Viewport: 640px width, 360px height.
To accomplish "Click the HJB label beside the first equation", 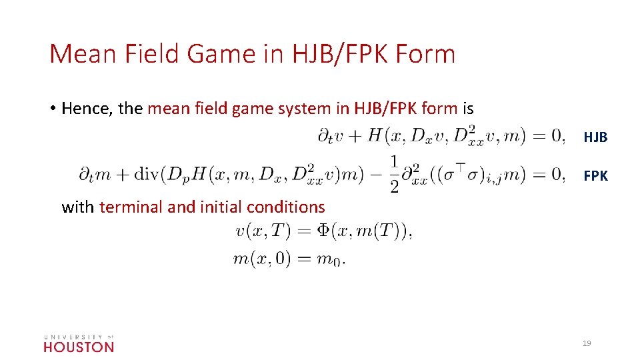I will click(x=595, y=137).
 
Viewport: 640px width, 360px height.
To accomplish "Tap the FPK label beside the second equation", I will click(x=595, y=176).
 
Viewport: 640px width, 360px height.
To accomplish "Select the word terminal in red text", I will click(x=131, y=207).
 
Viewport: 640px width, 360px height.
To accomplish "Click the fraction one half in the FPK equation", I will click(x=395, y=175).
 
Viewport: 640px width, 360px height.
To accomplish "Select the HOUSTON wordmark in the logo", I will click(x=79, y=347).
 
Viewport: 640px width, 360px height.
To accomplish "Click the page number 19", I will click(x=587, y=343).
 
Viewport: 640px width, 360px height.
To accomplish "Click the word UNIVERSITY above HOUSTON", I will click(x=71, y=337).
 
